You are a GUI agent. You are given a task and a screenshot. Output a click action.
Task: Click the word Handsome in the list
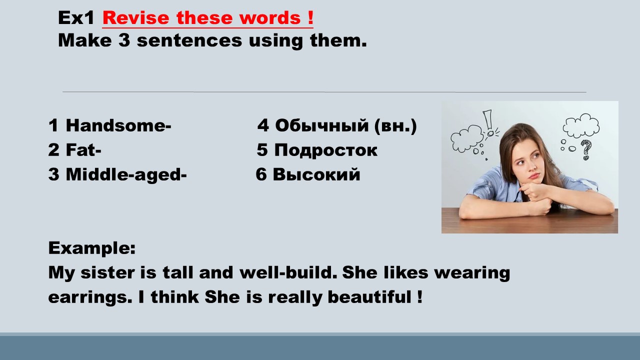(x=115, y=125)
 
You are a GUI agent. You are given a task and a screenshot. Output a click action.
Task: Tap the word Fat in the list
(x=80, y=149)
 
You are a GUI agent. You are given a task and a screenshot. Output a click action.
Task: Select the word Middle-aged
(x=123, y=175)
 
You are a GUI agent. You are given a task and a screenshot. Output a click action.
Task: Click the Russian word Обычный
(x=322, y=125)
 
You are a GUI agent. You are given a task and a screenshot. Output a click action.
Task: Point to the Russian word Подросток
(x=326, y=150)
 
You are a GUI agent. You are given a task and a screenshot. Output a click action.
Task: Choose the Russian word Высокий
(x=316, y=174)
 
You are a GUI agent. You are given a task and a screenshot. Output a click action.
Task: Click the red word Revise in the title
(x=136, y=17)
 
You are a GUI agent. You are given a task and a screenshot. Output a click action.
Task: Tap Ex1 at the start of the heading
(x=76, y=17)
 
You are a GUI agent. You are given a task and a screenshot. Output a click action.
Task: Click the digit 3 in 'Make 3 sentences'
(x=124, y=40)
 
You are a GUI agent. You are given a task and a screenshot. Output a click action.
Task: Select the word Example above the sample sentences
(x=91, y=248)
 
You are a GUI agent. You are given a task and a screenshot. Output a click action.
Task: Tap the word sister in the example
(x=107, y=272)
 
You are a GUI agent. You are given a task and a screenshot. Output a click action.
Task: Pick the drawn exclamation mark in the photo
(x=488, y=123)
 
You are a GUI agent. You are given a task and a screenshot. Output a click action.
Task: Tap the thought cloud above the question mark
(x=581, y=125)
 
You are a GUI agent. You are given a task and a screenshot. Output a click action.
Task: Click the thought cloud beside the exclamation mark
(x=467, y=138)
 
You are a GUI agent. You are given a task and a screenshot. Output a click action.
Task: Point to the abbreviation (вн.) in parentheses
(x=395, y=125)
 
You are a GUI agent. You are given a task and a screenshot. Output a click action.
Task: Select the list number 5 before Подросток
(x=262, y=149)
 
